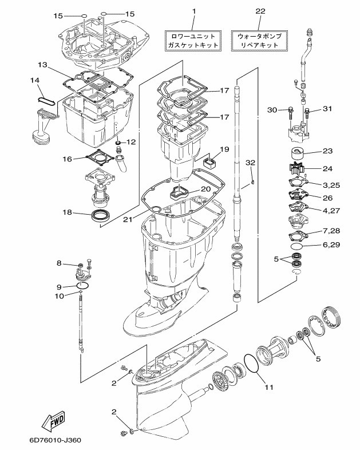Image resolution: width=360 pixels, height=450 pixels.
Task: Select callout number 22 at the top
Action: coord(260,11)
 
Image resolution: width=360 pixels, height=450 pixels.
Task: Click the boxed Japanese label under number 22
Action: coord(260,40)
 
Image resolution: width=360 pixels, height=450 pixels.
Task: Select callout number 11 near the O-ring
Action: coord(268,387)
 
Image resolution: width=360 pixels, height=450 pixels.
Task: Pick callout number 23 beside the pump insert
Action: coord(327,152)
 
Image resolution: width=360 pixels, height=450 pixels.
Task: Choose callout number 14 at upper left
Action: coord(35,81)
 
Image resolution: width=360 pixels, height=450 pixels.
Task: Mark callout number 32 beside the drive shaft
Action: coord(250,163)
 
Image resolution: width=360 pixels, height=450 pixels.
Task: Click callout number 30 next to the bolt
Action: coord(272,110)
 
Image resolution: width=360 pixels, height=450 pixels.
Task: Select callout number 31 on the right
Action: coord(327,109)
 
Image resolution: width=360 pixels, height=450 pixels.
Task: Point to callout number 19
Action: coord(224,149)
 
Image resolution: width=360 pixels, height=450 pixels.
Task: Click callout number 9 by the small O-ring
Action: coord(58,286)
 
